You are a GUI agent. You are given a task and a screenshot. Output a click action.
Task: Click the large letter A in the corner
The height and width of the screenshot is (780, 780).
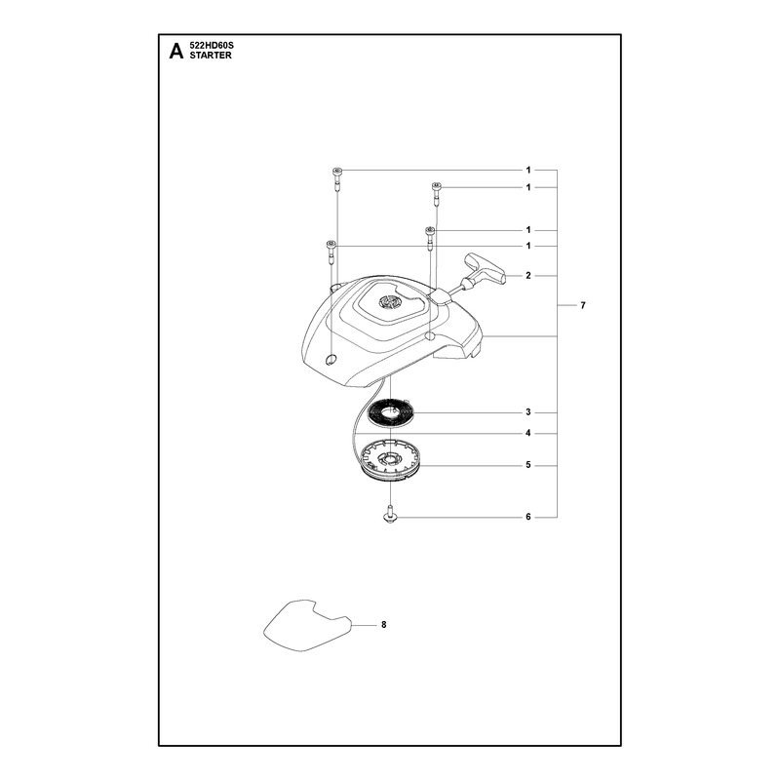176,51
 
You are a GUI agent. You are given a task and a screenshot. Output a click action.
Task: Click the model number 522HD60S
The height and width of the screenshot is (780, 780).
212,45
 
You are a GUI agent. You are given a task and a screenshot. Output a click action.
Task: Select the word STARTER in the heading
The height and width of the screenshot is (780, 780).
211,56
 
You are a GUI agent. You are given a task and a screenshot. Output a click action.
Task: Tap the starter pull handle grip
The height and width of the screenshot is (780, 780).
485,269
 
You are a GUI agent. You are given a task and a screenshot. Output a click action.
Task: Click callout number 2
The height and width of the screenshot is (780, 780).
528,276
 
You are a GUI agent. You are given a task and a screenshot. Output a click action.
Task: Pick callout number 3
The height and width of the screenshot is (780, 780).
528,412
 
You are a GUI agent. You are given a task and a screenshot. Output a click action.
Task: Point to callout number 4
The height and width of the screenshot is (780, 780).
528,433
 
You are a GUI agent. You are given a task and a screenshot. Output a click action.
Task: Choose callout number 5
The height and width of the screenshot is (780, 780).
528,465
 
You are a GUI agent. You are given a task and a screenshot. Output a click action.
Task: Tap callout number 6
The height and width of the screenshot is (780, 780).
528,517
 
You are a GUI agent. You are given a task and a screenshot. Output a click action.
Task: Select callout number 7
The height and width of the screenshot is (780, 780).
583,305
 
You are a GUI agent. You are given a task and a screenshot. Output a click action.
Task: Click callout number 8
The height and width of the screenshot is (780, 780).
383,625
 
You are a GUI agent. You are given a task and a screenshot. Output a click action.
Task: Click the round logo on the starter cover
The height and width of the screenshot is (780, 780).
389,302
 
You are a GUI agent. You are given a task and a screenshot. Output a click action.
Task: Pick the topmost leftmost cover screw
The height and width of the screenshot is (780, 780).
336,179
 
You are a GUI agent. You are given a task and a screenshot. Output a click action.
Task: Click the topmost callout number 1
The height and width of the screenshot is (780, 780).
528,170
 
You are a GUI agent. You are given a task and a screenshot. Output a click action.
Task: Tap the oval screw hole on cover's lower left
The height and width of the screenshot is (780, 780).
331,359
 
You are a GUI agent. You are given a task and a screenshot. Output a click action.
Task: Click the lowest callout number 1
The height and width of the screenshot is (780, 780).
528,247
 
